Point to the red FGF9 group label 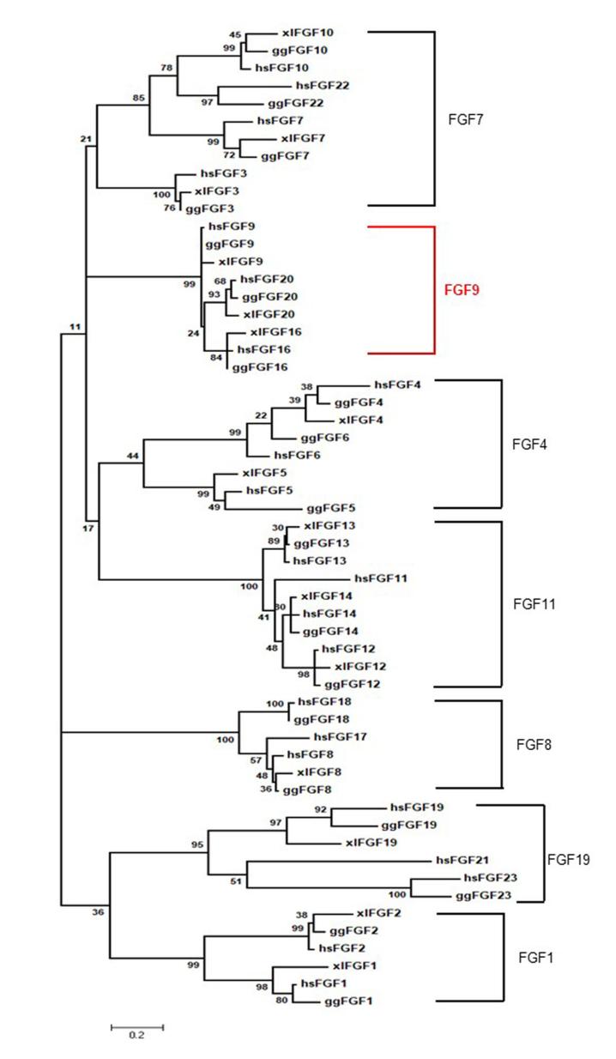click(462, 290)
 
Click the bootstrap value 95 click(196, 844)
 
